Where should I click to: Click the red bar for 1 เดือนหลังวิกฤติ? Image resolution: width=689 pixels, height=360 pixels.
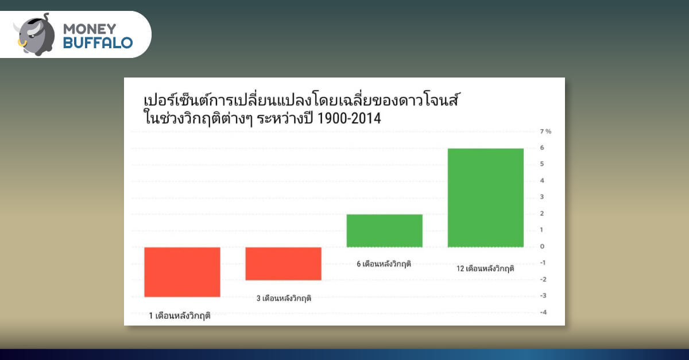182,272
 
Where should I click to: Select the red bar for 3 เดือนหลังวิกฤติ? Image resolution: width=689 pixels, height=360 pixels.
283,264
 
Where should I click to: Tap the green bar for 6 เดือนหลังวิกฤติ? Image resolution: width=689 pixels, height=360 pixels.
385,231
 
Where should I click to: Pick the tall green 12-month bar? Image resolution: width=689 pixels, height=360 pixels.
486,198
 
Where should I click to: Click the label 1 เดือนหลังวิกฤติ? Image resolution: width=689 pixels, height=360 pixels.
180,316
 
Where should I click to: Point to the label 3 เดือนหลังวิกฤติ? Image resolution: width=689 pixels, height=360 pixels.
284,299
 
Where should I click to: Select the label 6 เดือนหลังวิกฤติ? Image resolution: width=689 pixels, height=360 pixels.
384,264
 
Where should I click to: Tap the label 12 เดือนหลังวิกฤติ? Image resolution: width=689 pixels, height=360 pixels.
485,269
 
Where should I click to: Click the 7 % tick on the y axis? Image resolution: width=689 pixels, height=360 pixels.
545,131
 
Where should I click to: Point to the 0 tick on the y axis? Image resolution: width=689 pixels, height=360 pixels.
542,246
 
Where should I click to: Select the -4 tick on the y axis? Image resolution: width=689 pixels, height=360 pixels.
543,312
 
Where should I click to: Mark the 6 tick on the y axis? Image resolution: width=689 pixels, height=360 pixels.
542,148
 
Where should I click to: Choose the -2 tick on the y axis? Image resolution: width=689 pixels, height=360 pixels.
543,280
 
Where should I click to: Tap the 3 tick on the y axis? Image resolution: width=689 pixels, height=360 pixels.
542,197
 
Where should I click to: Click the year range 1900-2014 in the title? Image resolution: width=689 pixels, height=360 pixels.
349,118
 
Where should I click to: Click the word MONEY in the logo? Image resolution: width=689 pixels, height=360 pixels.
90,29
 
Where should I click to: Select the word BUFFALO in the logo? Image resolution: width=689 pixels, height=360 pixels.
98,42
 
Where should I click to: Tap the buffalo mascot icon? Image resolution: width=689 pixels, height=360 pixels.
34,34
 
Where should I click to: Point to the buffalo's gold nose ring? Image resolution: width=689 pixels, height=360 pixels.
22,43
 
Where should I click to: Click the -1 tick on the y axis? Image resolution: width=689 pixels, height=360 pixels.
543,263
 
